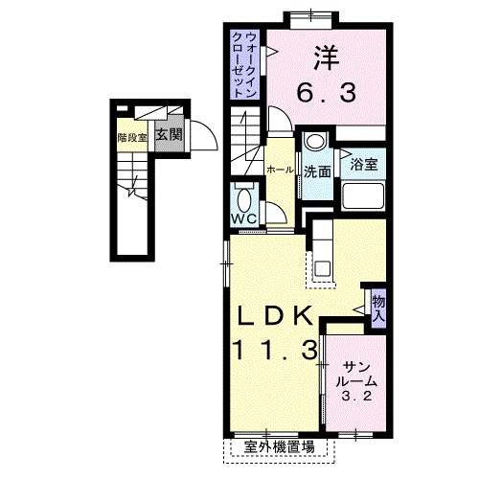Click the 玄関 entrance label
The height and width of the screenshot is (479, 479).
[169, 135]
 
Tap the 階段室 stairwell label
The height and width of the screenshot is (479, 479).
[132, 138]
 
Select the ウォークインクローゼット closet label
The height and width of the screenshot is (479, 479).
[244, 65]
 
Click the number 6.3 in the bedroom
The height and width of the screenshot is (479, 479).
[327, 92]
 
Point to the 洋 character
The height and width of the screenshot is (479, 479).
[327, 58]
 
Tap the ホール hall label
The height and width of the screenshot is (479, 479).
[280, 170]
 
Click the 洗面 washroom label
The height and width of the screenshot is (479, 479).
[317, 171]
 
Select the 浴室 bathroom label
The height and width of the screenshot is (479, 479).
[364, 164]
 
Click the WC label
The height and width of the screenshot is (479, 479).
[244, 218]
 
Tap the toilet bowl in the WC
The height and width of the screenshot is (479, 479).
[244, 200]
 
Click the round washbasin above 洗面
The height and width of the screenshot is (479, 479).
[315, 141]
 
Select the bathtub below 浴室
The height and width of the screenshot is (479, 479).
[363, 195]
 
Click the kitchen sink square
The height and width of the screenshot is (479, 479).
[323, 269]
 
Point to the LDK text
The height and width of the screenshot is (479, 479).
[275, 316]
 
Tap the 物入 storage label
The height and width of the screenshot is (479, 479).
[378, 309]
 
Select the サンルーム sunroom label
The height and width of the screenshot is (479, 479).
[356, 375]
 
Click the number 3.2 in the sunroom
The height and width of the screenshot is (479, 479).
[356, 397]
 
